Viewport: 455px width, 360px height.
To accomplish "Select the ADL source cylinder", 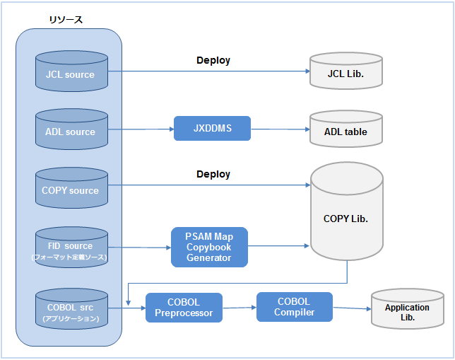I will point(71,131).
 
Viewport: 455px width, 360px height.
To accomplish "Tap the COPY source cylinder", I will point(71,189).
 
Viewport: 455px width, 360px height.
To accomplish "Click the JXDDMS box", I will point(212,128).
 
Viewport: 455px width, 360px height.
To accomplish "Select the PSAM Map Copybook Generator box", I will point(209,247).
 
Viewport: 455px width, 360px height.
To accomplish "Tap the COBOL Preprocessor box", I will point(184,308).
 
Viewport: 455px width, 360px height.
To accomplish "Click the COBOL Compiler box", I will point(295,306).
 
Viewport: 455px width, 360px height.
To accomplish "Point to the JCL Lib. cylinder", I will point(346,72).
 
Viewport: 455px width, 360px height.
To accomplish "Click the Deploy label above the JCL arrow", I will point(213,61).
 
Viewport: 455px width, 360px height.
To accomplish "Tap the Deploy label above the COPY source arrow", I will point(213,174).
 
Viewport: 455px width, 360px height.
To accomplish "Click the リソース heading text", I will point(66,19).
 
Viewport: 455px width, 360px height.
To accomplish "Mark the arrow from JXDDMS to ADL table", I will point(279,129).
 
